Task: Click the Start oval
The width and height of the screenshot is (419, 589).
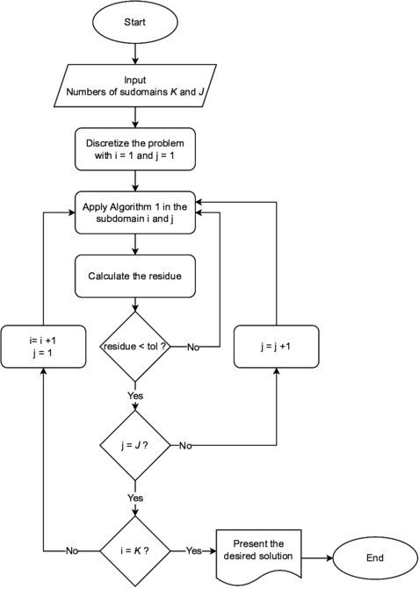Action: [x=134, y=23]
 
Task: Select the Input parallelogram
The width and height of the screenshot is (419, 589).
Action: [x=134, y=84]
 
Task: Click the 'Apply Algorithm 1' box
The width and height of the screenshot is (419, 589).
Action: [x=134, y=212]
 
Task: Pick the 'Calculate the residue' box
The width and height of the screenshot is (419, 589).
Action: [x=134, y=276]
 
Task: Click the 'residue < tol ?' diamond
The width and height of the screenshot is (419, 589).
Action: [x=134, y=347]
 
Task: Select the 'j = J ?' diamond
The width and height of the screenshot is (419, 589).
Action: [x=134, y=446]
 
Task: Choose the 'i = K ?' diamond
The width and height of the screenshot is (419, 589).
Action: [x=134, y=551]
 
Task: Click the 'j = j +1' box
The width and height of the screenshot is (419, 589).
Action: [x=276, y=346]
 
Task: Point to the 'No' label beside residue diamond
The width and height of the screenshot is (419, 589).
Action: [x=192, y=348]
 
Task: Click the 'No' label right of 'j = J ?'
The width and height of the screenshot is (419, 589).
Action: [x=185, y=447]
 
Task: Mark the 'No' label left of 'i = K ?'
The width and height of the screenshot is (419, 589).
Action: [x=73, y=551]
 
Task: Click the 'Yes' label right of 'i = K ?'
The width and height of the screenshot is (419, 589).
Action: [x=194, y=551]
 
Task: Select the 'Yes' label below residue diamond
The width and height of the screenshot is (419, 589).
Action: [x=134, y=396]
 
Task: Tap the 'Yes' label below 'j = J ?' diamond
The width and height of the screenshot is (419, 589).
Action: [x=134, y=498]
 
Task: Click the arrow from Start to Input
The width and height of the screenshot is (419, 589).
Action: [x=134, y=54]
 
